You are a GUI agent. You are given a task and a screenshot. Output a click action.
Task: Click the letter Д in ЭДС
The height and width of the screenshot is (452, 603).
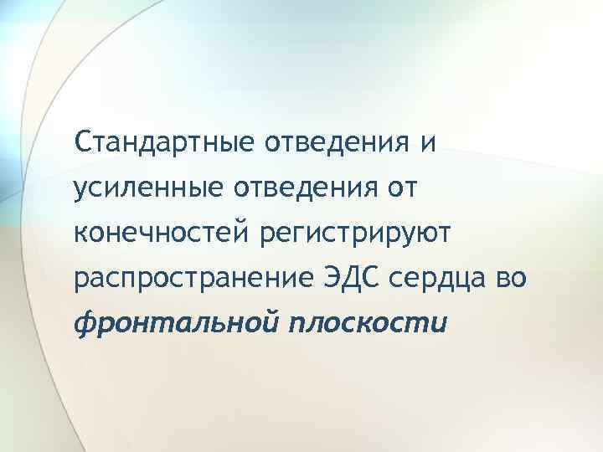pos(348,276)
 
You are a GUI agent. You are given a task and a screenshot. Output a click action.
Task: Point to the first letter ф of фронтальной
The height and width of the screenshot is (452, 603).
pos(84,325)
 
